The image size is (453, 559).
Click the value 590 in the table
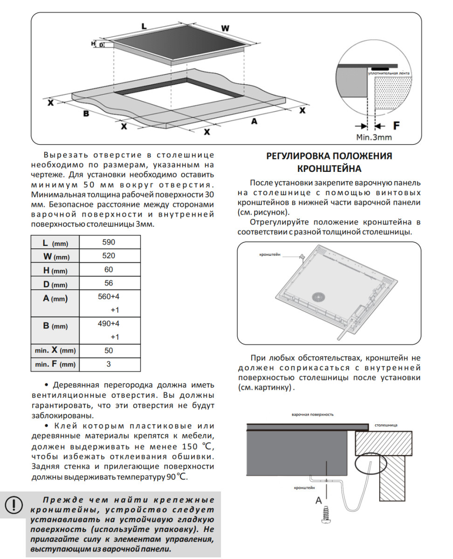109,242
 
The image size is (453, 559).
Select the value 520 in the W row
109,256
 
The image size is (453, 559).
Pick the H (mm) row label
55,270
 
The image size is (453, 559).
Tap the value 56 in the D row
109,284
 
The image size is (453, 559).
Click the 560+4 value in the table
109,297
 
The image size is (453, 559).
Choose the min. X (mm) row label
55,351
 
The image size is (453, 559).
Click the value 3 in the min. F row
109,364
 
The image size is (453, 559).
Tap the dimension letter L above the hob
144,27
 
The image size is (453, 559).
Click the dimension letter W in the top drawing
225,28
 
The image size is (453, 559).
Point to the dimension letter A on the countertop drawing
254,121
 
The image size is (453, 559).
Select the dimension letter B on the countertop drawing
86,113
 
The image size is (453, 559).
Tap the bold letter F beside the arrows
396,126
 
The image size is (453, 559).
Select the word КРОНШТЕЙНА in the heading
329,168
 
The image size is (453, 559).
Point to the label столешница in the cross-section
386,425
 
